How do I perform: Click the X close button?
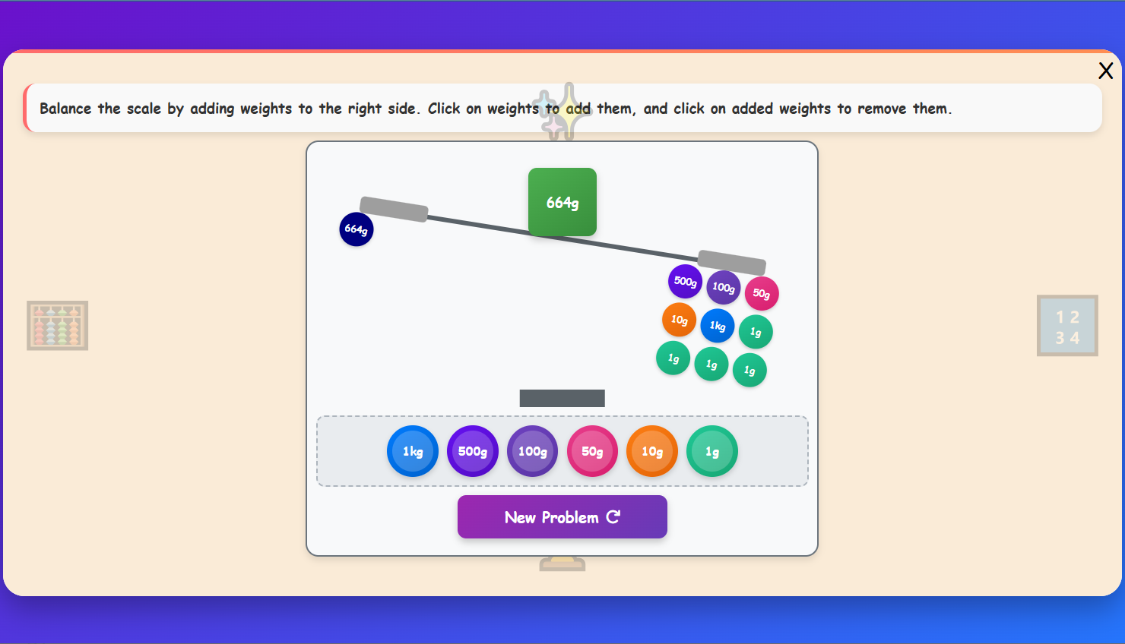(1105, 71)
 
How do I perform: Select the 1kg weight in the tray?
(412, 451)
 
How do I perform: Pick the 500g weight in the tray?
(473, 451)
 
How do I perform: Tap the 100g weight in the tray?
(532, 451)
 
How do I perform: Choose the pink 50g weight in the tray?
(592, 451)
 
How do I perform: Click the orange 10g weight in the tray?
(652, 451)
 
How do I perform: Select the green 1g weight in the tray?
(712, 451)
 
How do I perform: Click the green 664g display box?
(562, 202)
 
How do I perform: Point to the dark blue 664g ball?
(356, 229)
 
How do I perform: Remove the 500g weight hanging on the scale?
(685, 281)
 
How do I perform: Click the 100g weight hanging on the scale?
(723, 287)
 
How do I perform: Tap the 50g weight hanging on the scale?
(762, 293)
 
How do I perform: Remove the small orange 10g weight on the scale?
(679, 320)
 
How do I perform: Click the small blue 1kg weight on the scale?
(718, 326)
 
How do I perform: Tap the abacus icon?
(57, 325)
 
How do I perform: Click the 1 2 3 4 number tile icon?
(1067, 326)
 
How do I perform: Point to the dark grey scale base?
(562, 398)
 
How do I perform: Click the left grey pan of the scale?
(394, 210)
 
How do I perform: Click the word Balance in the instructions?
(65, 109)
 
